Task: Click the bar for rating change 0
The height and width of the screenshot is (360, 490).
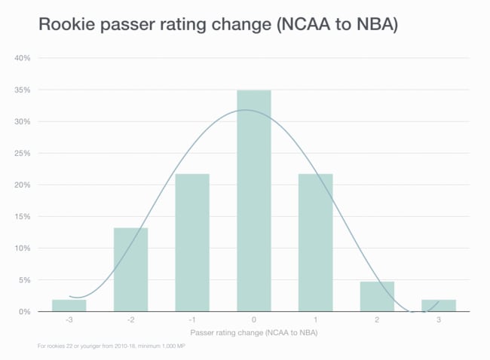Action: point(253,200)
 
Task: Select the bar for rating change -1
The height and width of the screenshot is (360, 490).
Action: point(192,243)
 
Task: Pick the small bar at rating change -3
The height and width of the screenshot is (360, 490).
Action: point(69,305)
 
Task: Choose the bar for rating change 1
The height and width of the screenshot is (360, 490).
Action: point(315,243)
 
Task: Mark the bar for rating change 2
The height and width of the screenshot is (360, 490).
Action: point(377,296)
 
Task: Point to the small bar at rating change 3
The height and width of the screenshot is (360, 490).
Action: point(438,305)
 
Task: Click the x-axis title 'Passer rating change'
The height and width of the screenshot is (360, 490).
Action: point(253,332)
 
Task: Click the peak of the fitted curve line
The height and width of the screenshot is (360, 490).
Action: point(247,110)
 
